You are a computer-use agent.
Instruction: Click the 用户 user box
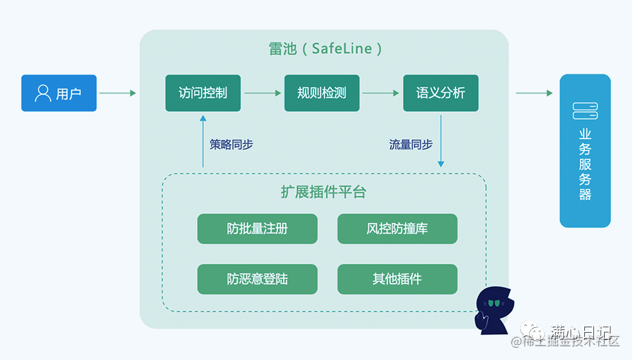point(59,93)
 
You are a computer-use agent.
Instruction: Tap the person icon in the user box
point(43,93)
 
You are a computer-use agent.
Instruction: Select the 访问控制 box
point(202,93)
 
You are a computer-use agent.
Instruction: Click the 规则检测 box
point(322,93)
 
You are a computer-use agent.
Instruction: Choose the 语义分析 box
point(440,93)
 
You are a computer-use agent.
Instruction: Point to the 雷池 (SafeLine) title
point(325,49)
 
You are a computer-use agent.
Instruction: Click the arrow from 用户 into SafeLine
point(118,93)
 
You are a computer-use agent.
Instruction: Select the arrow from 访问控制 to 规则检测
point(262,93)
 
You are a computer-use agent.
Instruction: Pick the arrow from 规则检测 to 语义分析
point(380,93)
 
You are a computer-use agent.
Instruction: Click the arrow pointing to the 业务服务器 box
point(534,93)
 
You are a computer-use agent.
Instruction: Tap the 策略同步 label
point(231,145)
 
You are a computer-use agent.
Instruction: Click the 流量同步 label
point(410,145)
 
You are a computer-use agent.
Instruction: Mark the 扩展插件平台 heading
point(323,192)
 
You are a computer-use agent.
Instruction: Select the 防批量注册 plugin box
point(257,228)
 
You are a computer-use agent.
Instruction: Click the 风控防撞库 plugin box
point(397,228)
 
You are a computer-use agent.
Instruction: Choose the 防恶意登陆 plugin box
point(257,279)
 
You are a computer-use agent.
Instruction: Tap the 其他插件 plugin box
point(397,279)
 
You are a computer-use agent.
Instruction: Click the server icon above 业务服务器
point(585,110)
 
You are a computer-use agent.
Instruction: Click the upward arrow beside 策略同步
point(203,140)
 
